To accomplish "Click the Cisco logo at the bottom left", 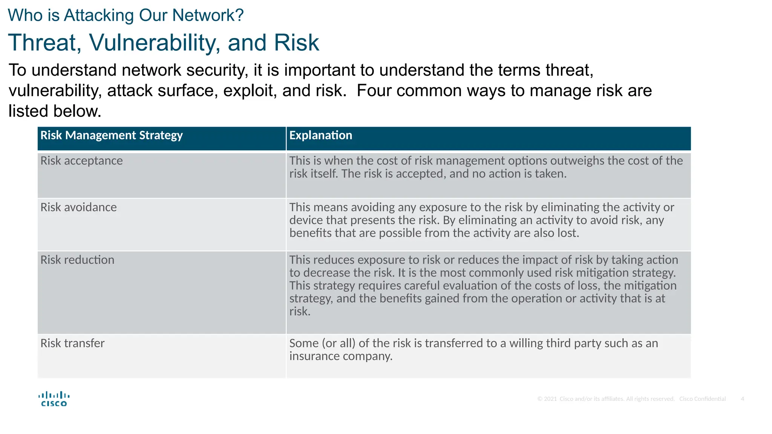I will pyautogui.click(x=54, y=399).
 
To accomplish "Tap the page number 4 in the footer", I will pyautogui.click(x=742, y=399).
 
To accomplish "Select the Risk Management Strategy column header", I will pyautogui.click(x=112, y=136).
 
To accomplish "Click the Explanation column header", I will pyautogui.click(x=320, y=136).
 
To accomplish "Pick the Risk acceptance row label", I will pyautogui.click(x=81, y=161).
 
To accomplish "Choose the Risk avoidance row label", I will pyautogui.click(x=78, y=208).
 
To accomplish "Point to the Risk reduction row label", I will pyautogui.click(x=77, y=260).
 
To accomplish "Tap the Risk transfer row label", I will pyautogui.click(x=72, y=344).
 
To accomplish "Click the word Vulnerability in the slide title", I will pyautogui.click(x=154, y=43).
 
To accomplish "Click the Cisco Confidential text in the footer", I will pyautogui.click(x=702, y=399).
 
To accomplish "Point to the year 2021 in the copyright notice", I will pyautogui.click(x=550, y=399).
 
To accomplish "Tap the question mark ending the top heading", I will pyautogui.click(x=239, y=15).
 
